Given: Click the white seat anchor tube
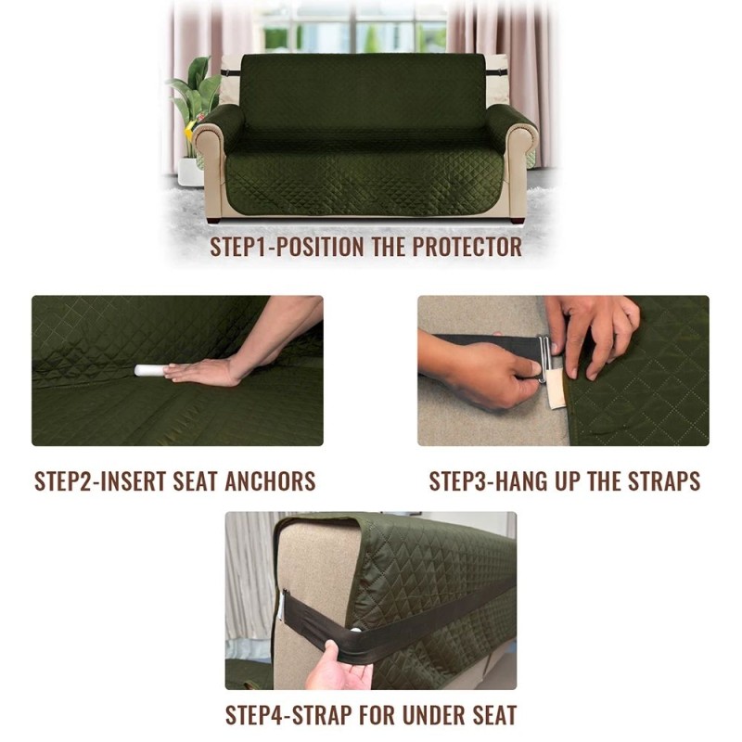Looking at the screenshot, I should click(x=148, y=370).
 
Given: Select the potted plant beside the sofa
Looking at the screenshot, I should click(x=192, y=111).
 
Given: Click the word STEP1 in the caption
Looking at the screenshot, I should click(x=244, y=248).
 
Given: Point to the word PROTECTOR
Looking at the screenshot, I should click(x=466, y=248).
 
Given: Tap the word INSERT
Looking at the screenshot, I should click(x=148, y=482).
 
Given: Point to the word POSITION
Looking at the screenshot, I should click(x=327, y=248).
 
